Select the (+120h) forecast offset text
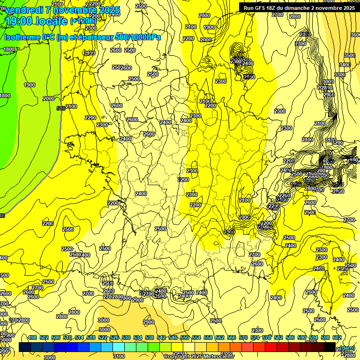[x=83, y=21]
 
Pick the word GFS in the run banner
[x=260, y=8]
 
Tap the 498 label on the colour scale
[x=32, y=337]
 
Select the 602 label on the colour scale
[x=337, y=337]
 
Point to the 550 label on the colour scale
[x=184, y=337]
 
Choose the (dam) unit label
[x=347, y=348]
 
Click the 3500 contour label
[x=350, y=55]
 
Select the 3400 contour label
[x=345, y=65]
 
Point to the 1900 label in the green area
[x=29, y=85]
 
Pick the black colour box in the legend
[x=329, y=347]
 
